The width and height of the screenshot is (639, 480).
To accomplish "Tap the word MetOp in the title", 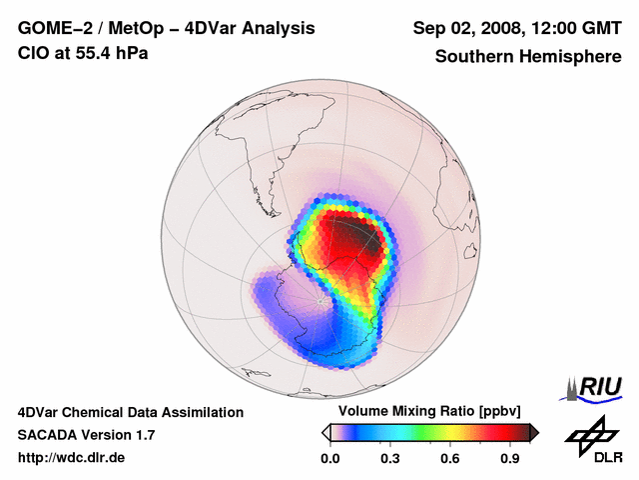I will point(137,28).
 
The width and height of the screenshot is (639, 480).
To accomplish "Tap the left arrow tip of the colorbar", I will point(325,432).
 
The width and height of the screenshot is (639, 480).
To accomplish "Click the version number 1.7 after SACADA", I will point(143,434).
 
